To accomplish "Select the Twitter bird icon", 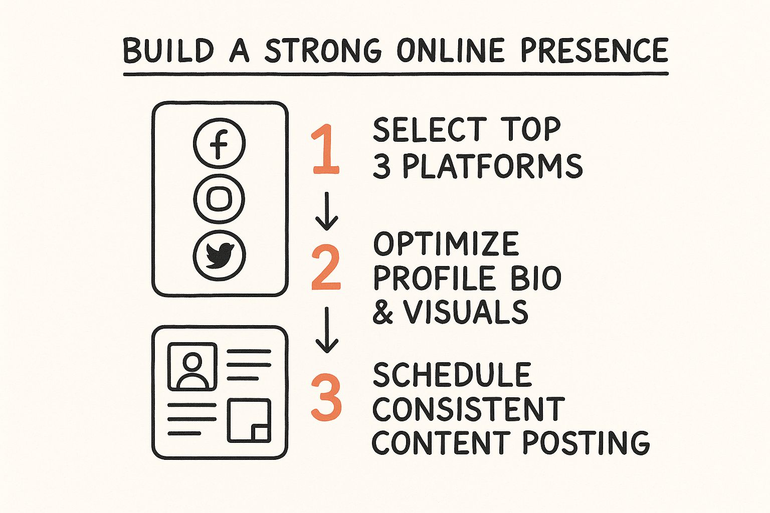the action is tap(219, 255).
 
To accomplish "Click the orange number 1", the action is tap(325, 149).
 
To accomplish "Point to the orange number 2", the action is tap(326, 268).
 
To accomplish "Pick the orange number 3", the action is tap(326, 398).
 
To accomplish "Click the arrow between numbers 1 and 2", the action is tap(327, 211).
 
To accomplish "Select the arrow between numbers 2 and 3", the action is tap(327, 330).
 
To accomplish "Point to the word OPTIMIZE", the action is tap(446, 243).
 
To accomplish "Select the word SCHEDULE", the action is tap(452, 374).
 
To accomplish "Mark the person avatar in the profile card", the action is tap(192, 367).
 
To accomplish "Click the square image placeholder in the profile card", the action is tap(249, 421).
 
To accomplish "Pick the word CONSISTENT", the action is tap(469, 408).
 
